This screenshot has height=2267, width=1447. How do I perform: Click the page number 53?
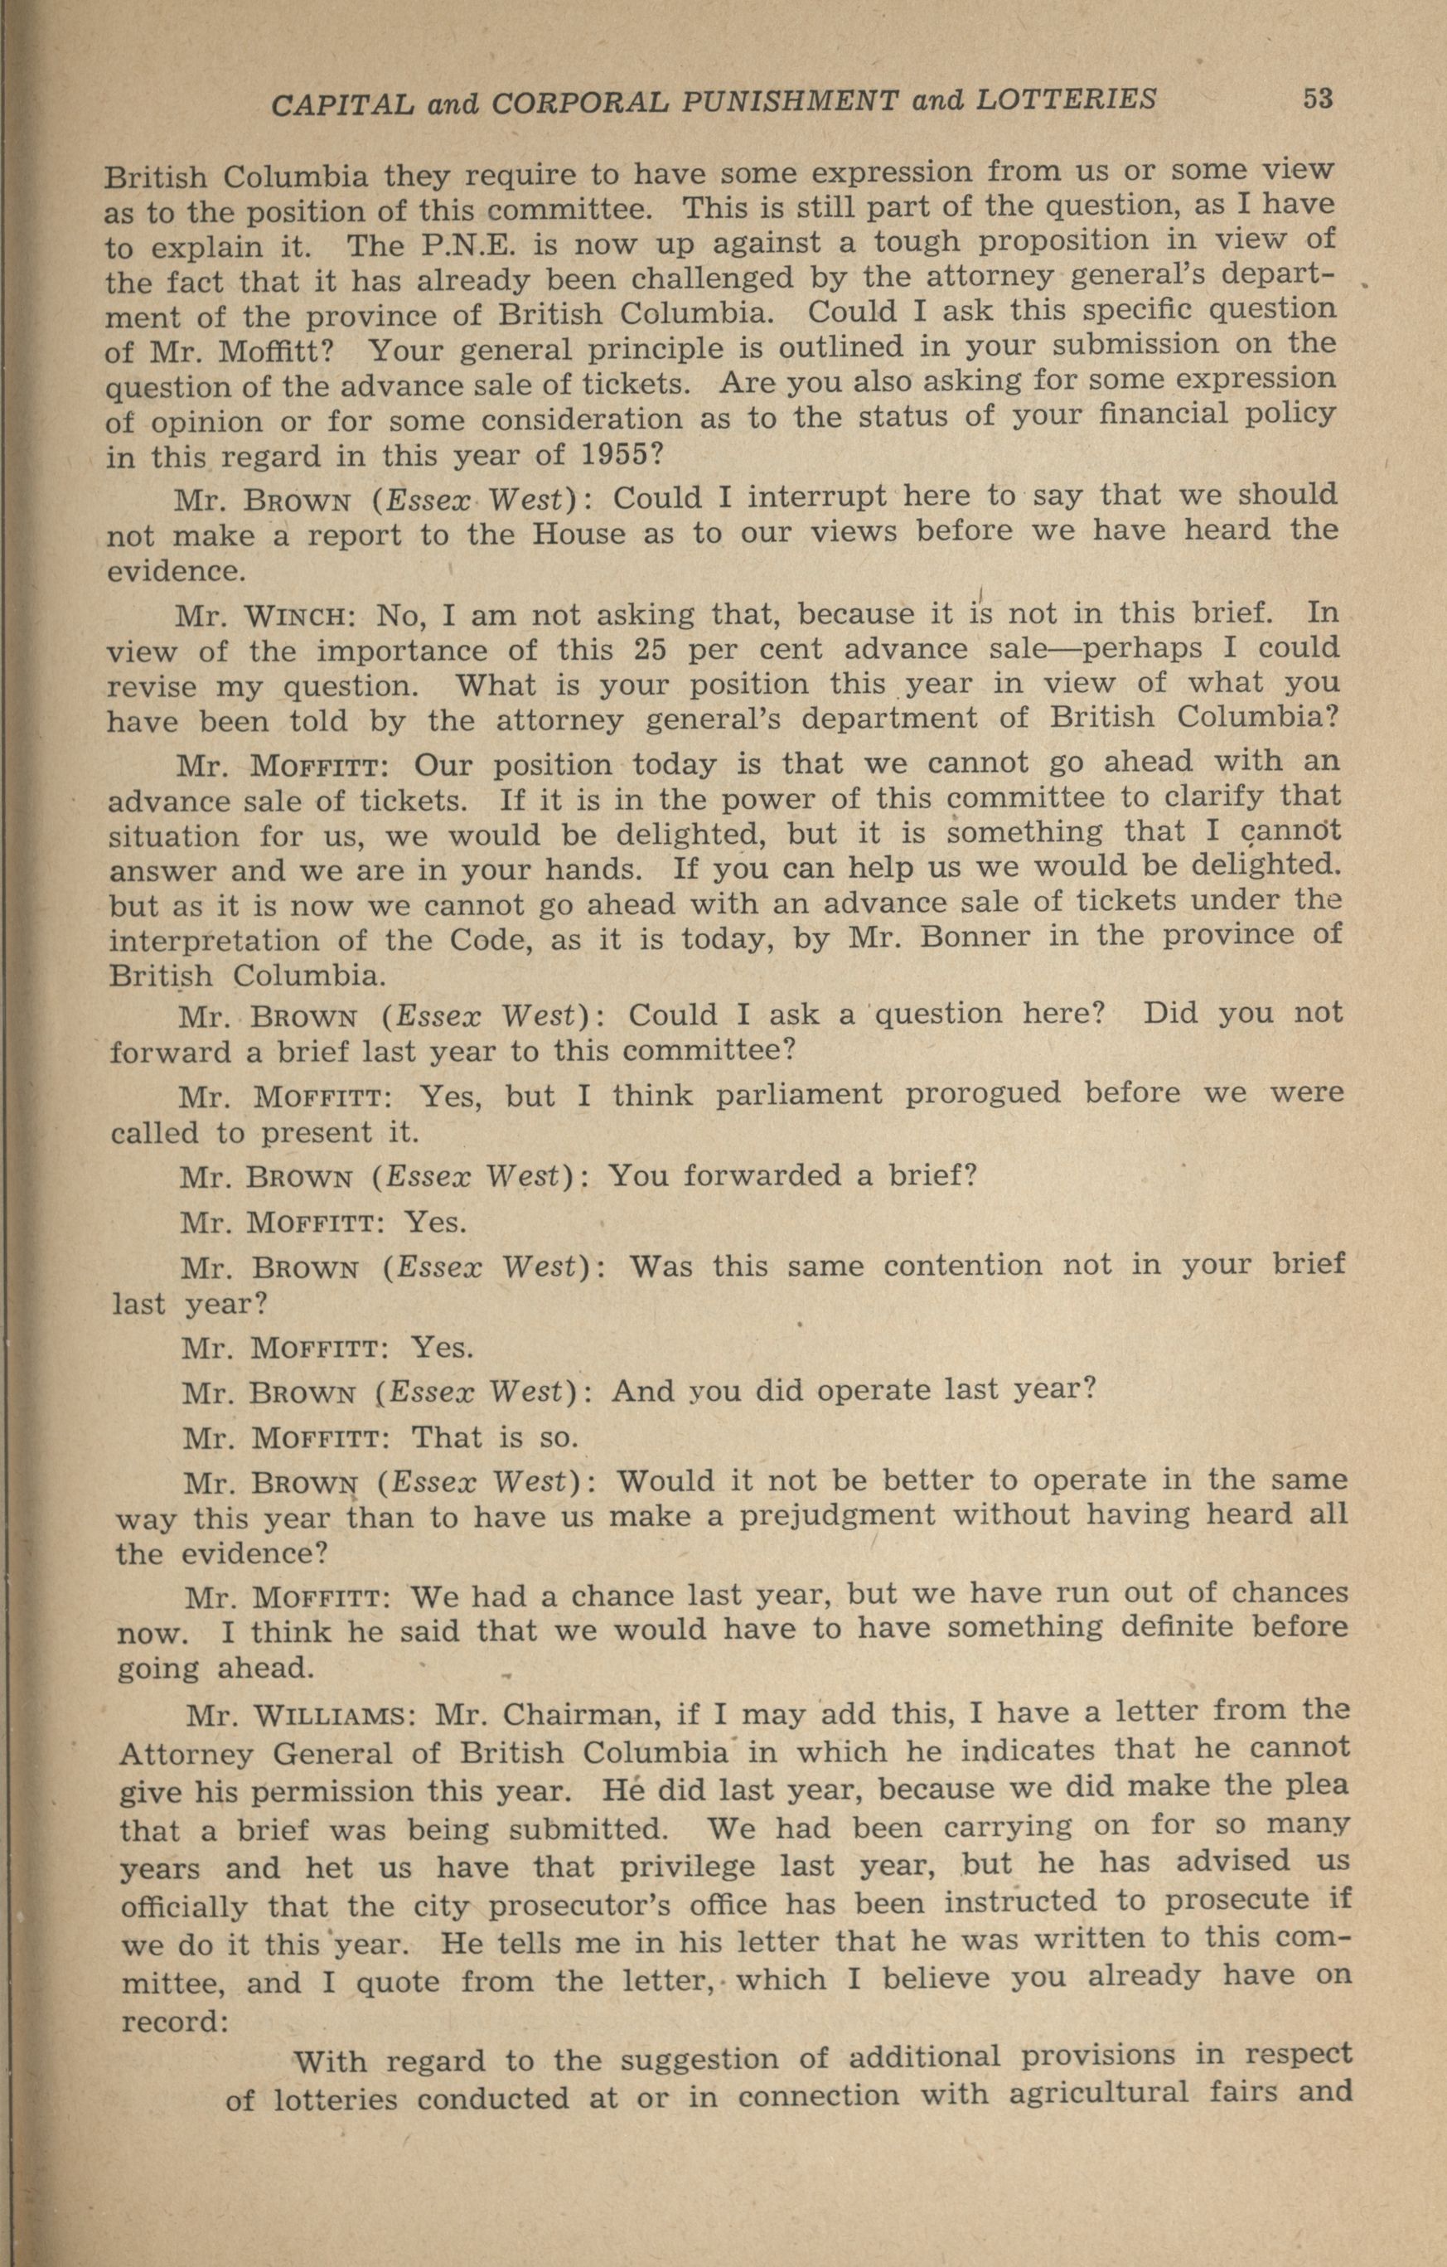[1317, 98]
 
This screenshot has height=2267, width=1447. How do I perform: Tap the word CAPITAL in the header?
[341, 104]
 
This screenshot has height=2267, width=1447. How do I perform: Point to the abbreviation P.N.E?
[468, 245]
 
